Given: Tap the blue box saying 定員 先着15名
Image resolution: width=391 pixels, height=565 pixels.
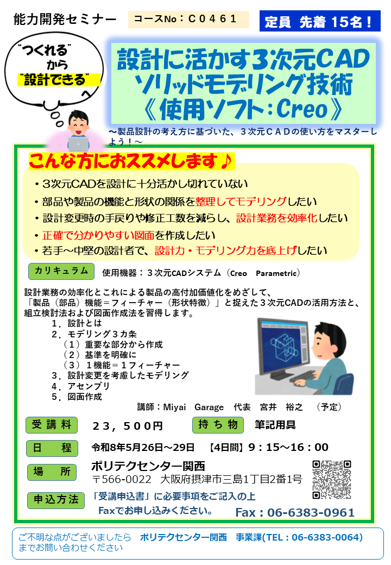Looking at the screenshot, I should coord(319,22).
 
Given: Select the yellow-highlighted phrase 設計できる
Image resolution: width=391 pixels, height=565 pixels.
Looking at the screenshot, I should coord(53,80).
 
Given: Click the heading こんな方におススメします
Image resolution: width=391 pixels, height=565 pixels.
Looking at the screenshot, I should coord(131,161).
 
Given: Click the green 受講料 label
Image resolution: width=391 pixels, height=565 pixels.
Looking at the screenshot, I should coord(52,425).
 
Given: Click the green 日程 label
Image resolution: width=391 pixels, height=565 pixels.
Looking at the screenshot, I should coord(52,448).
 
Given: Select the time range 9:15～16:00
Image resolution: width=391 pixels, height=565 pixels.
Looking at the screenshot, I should coord(288,448).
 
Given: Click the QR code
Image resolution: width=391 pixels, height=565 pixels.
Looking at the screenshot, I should coord(332,479).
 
